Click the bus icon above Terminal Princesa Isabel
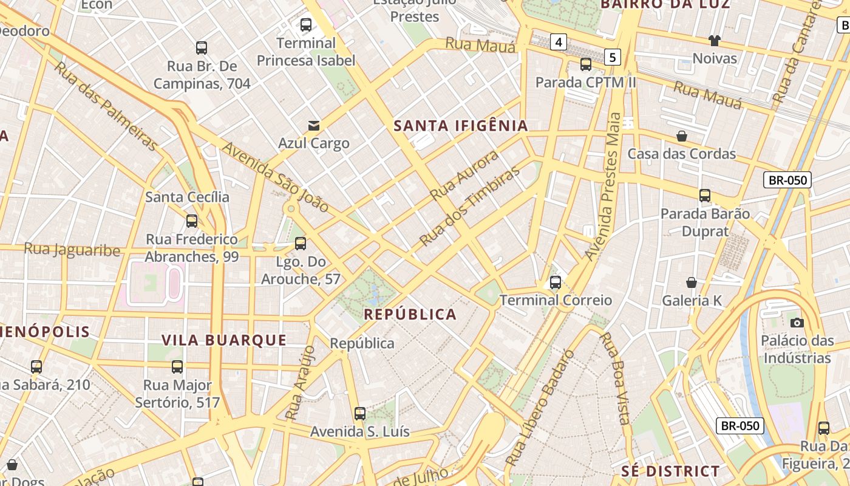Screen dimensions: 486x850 (306, 25)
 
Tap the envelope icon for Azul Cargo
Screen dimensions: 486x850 (314, 126)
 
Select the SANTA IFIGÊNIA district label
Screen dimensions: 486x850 (461, 126)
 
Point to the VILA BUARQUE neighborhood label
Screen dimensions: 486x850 (224, 340)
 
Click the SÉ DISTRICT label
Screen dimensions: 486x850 (670, 471)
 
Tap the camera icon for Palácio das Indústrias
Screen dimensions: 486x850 (797, 323)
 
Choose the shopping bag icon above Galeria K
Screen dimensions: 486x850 (691, 282)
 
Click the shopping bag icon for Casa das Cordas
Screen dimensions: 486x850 (682, 136)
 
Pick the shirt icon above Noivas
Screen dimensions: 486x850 (715, 41)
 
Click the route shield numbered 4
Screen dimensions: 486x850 (559, 42)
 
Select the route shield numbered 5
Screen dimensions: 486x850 (613, 58)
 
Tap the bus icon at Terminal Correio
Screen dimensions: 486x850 (556, 282)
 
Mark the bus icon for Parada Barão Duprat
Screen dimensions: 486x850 (705, 196)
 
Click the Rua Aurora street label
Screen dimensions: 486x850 (464, 175)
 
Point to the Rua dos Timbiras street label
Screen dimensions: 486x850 (470, 207)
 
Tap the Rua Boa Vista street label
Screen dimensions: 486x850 (614, 378)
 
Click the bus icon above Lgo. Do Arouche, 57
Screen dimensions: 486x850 (301, 244)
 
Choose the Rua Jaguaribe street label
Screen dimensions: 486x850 (72, 249)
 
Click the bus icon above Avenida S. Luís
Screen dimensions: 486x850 (360, 414)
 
